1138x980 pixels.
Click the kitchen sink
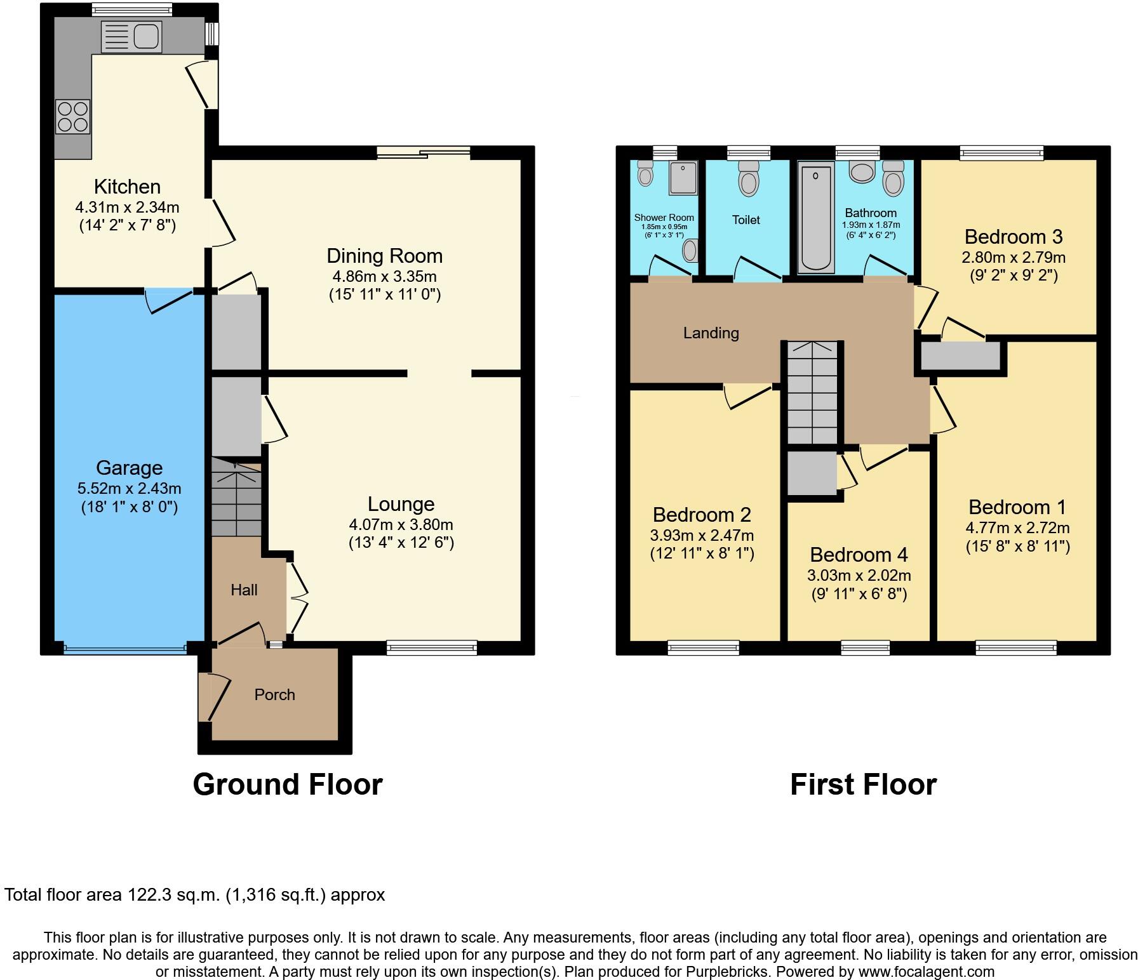[x=131, y=36]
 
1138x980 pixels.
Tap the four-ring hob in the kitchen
[x=73, y=117]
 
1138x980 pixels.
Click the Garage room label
[x=129, y=468]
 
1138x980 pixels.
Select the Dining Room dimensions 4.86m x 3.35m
[x=384, y=277]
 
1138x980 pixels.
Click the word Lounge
[x=401, y=504]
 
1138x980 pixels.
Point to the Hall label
[x=244, y=590]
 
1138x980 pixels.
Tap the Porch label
[x=274, y=694]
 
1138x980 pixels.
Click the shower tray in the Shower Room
[x=683, y=178]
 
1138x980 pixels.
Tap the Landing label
[x=711, y=333]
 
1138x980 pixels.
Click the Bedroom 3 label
[x=1013, y=237]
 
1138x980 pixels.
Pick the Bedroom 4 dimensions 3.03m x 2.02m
[x=859, y=576]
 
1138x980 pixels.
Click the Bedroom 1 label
[x=1017, y=507]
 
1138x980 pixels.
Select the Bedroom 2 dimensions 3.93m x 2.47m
[x=702, y=535]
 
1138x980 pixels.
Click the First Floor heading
[x=863, y=785]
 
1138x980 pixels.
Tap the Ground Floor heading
[x=287, y=785]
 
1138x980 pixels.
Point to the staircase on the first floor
[x=812, y=394]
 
